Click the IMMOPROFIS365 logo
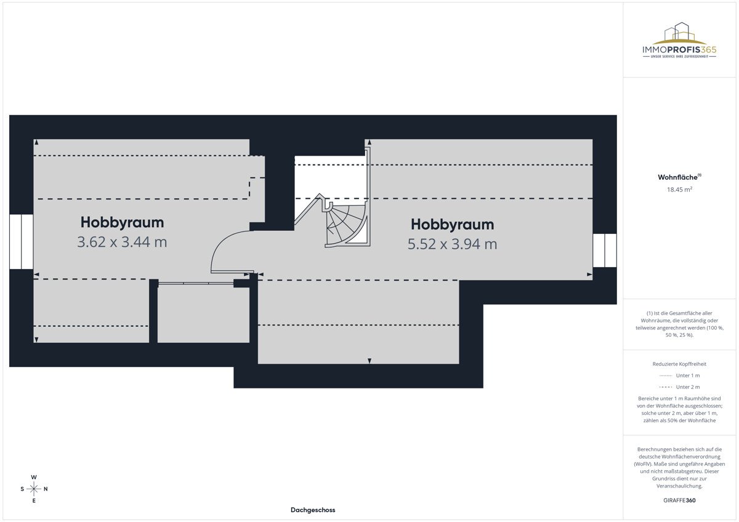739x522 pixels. pyautogui.click(x=679, y=40)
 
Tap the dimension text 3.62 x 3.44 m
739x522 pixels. pyautogui.click(x=122, y=242)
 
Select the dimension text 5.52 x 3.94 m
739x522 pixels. pyautogui.click(x=452, y=244)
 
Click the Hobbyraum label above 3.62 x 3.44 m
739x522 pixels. pyautogui.click(x=122, y=222)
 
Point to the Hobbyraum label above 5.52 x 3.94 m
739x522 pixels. pyautogui.click(x=452, y=225)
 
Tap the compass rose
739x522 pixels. pyautogui.click(x=34, y=489)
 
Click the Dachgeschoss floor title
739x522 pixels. pyautogui.click(x=313, y=510)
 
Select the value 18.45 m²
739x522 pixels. pyautogui.click(x=679, y=189)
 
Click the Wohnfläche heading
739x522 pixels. pyautogui.click(x=679, y=177)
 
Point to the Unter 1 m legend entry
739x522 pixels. pyautogui.click(x=679, y=375)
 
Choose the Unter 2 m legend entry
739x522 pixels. pyautogui.click(x=679, y=387)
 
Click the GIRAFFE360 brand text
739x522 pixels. pyautogui.click(x=679, y=500)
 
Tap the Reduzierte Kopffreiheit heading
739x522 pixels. pyautogui.click(x=679, y=364)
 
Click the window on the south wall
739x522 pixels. pyautogui.click(x=21, y=242)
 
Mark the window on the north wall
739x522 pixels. pyautogui.click(x=604, y=251)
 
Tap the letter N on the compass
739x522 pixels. pyautogui.click(x=46, y=489)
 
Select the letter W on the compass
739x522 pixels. pyautogui.click(x=34, y=477)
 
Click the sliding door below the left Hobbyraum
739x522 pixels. pyautogui.click(x=196, y=283)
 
